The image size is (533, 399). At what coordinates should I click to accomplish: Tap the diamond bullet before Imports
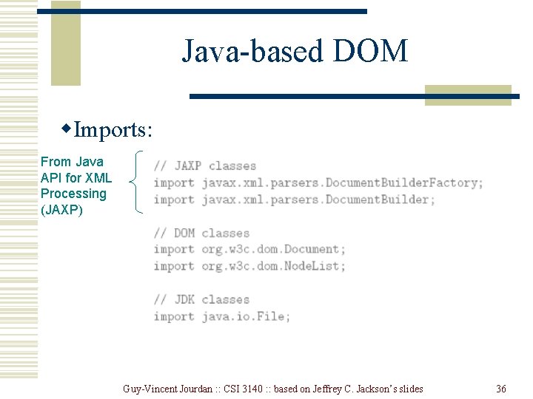pyautogui.click(x=67, y=129)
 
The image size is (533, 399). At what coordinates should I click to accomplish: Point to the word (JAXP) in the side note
pyautogui.click(x=62, y=210)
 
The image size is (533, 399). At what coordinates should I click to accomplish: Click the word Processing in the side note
pyautogui.click(x=73, y=194)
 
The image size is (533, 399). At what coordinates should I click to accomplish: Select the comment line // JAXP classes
pyautogui.click(x=205, y=166)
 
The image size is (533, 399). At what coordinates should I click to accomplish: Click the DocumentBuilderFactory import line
pyautogui.click(x=318, y=183)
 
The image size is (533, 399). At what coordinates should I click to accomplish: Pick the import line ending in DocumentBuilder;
pyautogui.click(x=294, y=199)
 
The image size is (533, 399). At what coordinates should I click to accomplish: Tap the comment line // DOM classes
pyautogui.click(x=201, y=233)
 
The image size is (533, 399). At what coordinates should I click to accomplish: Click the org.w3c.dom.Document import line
pyautogui.click(x=249, y=249)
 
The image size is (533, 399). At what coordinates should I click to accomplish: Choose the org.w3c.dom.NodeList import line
pyautogui.click(x=249, y=266)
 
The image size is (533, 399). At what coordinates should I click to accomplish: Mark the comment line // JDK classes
pyautogui.click(x=201, y=299)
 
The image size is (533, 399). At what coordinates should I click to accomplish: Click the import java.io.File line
pyautogui.click(x=221, y=316)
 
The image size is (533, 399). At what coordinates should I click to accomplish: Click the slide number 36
pyautogui.click(x=501, y=389)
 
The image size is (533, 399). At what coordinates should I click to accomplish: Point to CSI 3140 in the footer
pyautogui.click(x=240, y=389)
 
